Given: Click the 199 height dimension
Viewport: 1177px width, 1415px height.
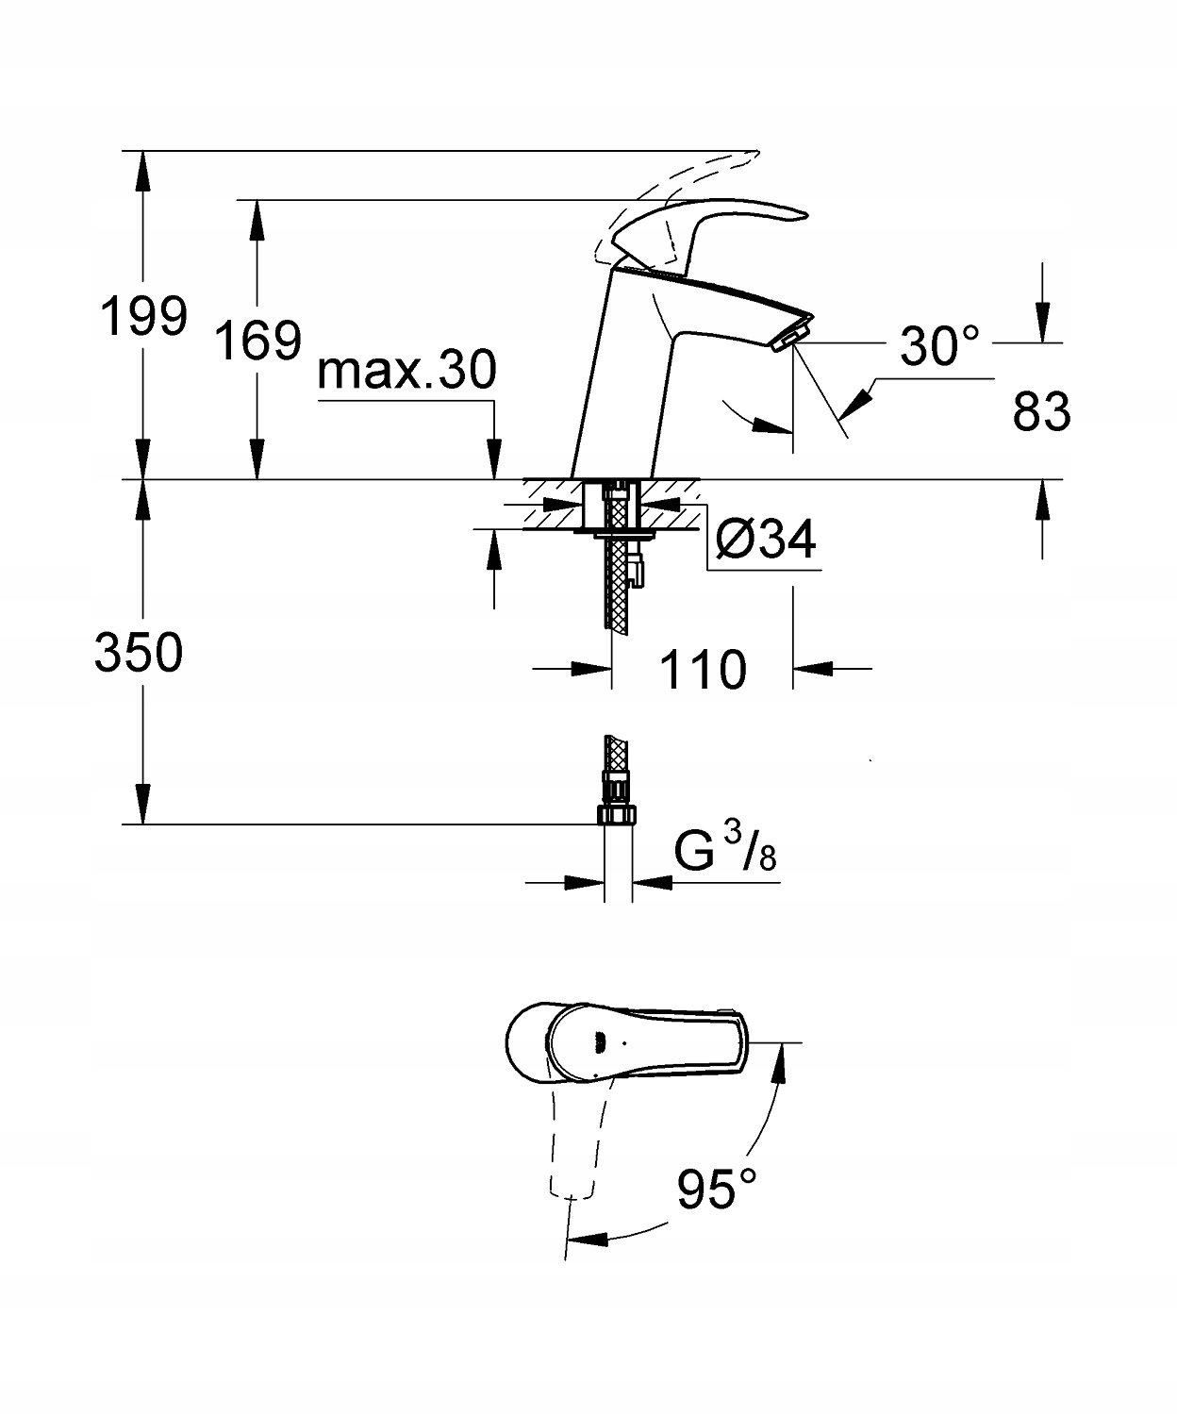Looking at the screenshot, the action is point(143,315).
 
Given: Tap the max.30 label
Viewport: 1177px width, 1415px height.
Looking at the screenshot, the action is point(406,371).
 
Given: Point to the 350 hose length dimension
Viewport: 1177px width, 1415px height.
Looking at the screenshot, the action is point(139,652).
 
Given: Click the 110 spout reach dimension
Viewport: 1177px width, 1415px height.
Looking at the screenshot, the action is point(703,669).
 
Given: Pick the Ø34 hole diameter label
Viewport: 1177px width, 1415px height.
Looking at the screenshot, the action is point(766,541).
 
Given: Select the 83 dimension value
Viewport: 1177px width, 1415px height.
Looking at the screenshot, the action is point(1041,410).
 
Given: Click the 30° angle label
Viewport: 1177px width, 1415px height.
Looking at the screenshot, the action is point(940,344).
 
